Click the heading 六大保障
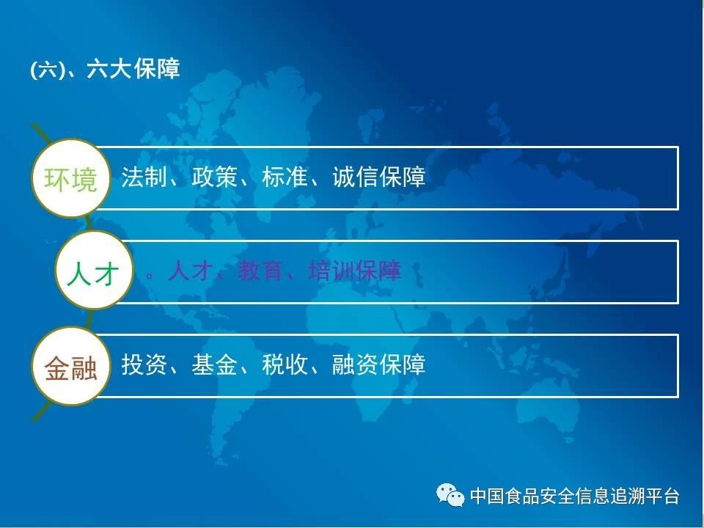pyautogui.click(x=133, y=69)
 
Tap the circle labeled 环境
pyautogui.click(x=71, y=178)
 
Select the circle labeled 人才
pyautogui.click(x=95, y=271)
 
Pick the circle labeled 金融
pyautogui.click(x=71, y=367)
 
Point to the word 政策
pyautogui.click(x=214, y=177)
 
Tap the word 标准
pyautogui.click(x=285, y=177)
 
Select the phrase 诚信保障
pyautogui.click(x=378, y=177)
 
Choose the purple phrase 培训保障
pyautogui.click(x=355, y=271)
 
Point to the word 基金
pyautogui.click(x=214, y=364)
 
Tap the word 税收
pyautogui.click(x=285, y=364)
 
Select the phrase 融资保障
pyautogui.click(x=378, y=364)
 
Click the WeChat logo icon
pyautogui.click(x=450, y=495)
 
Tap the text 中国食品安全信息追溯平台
pyautogui.click(x=575, y=496)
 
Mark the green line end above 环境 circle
pyautogui.click(x=34, y=125)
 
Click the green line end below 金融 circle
pyautogui.click(x=34, y=420)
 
